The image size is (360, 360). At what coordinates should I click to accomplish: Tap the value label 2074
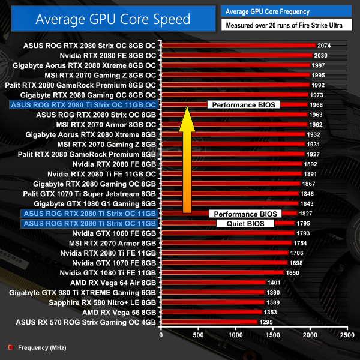pos(324,46)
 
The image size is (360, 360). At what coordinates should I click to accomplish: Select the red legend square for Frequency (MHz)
pos(10,347)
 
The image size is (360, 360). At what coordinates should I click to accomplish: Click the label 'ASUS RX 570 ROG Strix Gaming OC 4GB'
pos(83,322)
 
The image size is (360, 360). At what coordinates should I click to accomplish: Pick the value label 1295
pos(266,322)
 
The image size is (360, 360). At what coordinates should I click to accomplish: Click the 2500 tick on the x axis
pos(346,335)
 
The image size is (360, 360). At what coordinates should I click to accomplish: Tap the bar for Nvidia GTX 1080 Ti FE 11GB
pos(222,272)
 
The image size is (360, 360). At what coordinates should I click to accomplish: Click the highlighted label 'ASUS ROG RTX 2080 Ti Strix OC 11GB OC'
pos(83,104)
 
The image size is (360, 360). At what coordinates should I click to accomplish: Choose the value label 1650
pos(292,272)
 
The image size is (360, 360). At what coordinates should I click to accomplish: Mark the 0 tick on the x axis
pos(161,335)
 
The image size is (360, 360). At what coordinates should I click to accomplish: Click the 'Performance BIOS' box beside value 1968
pos(244,104)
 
